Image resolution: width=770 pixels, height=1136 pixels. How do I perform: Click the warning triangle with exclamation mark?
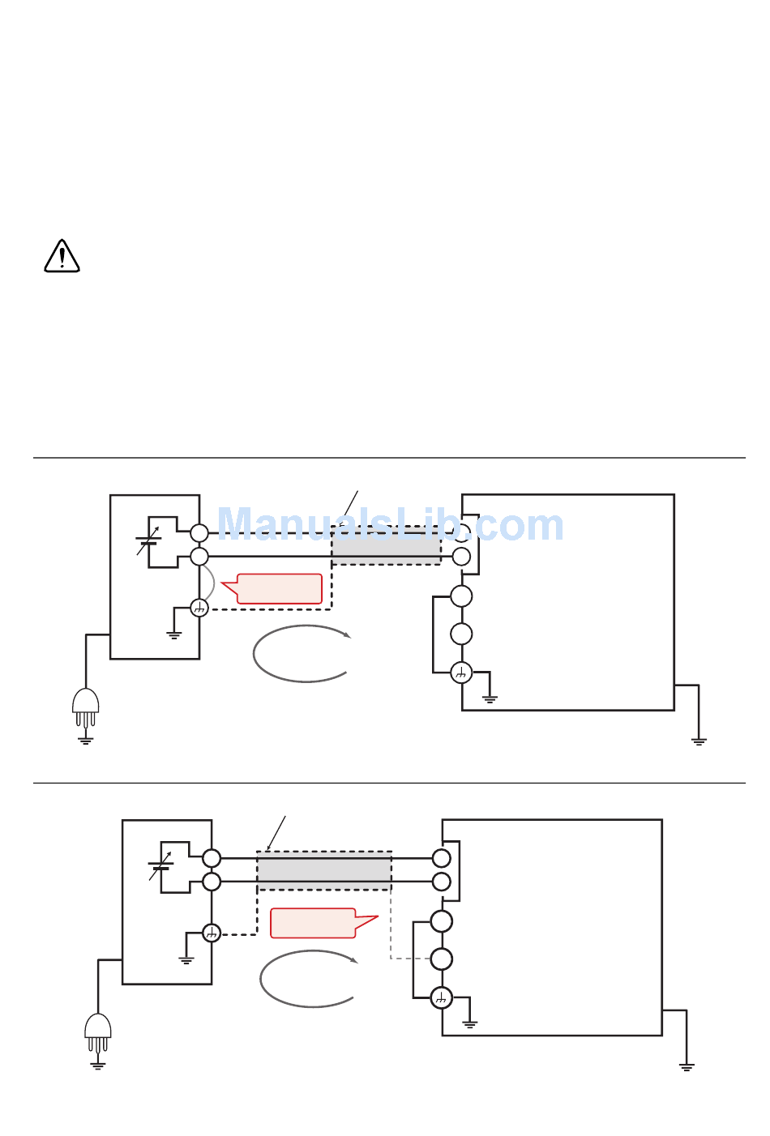point(62,256)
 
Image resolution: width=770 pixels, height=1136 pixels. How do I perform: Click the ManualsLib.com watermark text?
point(391,524)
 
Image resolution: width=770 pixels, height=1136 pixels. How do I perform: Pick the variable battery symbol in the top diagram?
point(148,540)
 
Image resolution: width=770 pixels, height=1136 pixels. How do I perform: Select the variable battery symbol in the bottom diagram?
point(160,865)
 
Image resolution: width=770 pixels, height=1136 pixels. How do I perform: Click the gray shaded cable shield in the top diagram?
point(386,545)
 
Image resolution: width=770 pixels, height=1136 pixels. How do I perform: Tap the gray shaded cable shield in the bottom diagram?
point(324,870)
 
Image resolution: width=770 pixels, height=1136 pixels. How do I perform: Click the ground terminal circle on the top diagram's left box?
point(199,608)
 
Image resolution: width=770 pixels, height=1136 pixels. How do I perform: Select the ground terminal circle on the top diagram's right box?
point(461,673)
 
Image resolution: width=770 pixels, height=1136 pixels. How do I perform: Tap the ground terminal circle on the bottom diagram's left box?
point(212,933)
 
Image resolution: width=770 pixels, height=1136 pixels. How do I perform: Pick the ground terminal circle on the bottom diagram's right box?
point(441,998)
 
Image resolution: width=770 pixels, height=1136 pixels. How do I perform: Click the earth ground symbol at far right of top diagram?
point(699,741)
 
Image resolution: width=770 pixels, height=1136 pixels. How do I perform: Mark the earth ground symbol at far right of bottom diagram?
point(687,1067)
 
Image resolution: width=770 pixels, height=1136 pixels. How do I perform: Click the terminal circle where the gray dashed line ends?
point(441,959)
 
